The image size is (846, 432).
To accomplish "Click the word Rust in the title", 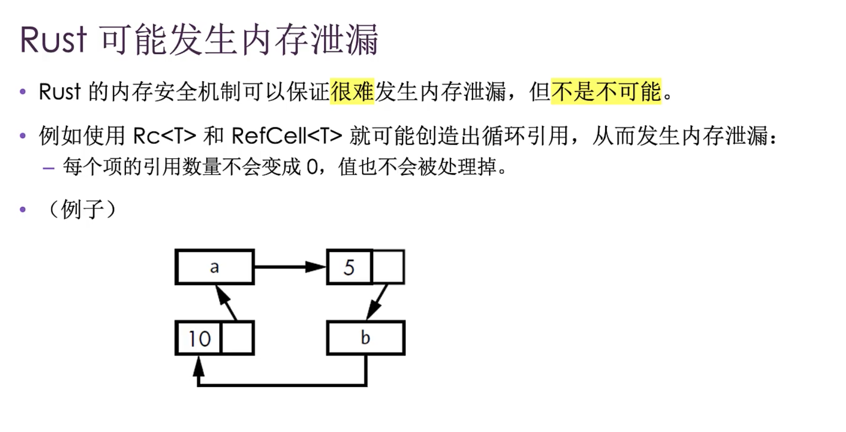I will tap(54, 40).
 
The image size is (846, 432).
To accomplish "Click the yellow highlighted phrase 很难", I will tap(352, 92).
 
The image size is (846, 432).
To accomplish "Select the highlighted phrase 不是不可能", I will tap(606, 92).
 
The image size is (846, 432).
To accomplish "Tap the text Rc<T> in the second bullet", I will tap(164, 136).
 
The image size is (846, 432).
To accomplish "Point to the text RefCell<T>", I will tap(286, 136).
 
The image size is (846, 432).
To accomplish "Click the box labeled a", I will tap(215, 267).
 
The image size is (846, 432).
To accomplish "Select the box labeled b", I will tap(365, 338).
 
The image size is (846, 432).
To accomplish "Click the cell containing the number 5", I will tap(349, 267).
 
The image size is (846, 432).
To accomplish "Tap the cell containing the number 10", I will tap(199, 338).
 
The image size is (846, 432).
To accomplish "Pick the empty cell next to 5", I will tap(388, 267).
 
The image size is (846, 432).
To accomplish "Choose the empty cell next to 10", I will tap(237, 338).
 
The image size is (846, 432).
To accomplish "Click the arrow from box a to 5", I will tap(289, 266).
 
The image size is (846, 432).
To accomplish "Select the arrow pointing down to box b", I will tap(378, 302).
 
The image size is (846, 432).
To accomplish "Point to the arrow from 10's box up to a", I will tap(226, 303).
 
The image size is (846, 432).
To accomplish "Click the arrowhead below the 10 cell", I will tap(198, 366).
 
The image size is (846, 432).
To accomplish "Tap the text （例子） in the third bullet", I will tap(82, 209).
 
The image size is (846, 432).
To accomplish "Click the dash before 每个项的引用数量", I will tap(49, 168).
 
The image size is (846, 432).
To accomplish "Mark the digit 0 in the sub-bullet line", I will tap(312, 167).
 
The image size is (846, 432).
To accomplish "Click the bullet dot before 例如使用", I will tap(22, 136).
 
